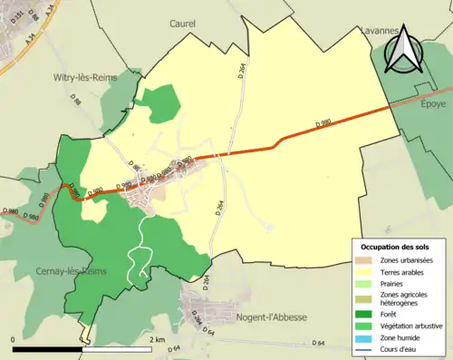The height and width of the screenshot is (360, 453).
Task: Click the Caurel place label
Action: click(x=186, y=24)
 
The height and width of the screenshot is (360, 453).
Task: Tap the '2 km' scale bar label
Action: click(x=159, y=339)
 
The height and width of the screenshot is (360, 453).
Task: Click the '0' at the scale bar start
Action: click(x=14, y=339)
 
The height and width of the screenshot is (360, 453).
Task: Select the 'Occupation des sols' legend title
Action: click(x=396, y=247)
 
